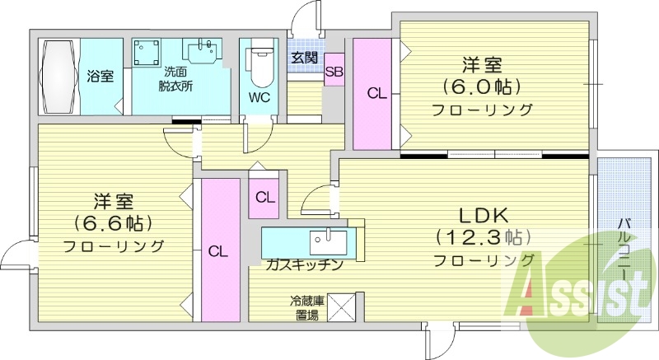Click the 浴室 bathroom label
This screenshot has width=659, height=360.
pyautogui.click(x=100, y=77)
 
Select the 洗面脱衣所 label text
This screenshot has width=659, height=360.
pyautogui.click(x=175, y=78)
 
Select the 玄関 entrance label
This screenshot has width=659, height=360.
pyautogui.click(x=304, y=58)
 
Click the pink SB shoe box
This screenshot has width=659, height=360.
pyautogui.click(x=334, y=72)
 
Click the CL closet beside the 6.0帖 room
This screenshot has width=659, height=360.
pyautogui.click(x=376, y=94)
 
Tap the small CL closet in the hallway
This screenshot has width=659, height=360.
pyautogui.click(x=264, y=198)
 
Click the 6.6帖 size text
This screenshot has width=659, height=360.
pyautogui.click(x=113, y=222)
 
